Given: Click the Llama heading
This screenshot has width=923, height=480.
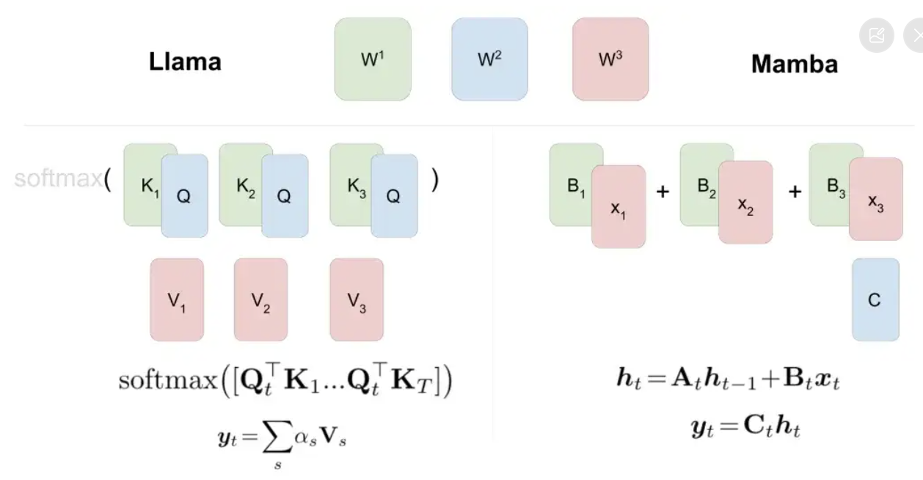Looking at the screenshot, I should tap(185, 62).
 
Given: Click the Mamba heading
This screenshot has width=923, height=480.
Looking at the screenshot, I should tap(794, 64).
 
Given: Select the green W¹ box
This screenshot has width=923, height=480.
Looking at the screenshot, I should tap(373, 59).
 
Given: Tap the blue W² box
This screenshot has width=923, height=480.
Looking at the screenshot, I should tap(489, 59).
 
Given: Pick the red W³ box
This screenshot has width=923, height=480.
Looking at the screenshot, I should tap(610, 59).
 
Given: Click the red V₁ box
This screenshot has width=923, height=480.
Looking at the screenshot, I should tap(177, 299).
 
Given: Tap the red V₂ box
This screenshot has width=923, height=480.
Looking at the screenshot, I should tap(261, 299).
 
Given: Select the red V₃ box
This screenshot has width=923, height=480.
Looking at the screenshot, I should tap(357, 299).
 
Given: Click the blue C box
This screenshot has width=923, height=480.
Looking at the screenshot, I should tap(875, 299).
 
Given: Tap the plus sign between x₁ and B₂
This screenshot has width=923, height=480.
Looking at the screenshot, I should tap(663, 192).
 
